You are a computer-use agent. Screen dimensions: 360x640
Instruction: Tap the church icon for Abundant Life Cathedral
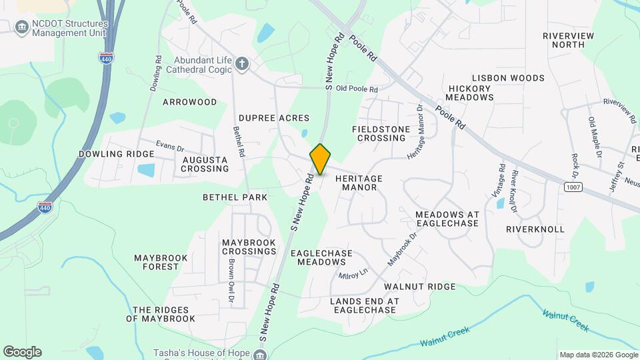tap(242, 64)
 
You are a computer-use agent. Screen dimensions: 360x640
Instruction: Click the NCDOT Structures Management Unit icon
tap(21, 27)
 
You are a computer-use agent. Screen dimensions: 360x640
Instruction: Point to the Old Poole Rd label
tap(357, 89)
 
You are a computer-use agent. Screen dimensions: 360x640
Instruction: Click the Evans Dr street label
tap(169, 145)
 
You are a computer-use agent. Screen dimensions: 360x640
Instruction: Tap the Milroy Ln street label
tap(353, 274)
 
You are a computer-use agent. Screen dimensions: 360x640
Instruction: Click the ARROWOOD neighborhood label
tap(190, 102)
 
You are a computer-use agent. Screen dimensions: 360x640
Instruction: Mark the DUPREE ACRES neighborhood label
tap(274, 117)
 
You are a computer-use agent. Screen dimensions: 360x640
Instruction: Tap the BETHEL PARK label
tap(235, 197)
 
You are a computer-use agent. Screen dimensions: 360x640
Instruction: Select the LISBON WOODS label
tap(508, 78)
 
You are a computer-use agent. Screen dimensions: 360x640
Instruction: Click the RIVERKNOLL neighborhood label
tap(535, 229)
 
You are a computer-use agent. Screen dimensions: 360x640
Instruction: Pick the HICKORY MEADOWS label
tap(471, 93)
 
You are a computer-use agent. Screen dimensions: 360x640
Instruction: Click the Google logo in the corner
tap(22, 351)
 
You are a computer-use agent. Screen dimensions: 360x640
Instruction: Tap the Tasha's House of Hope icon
tap(257, 354)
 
